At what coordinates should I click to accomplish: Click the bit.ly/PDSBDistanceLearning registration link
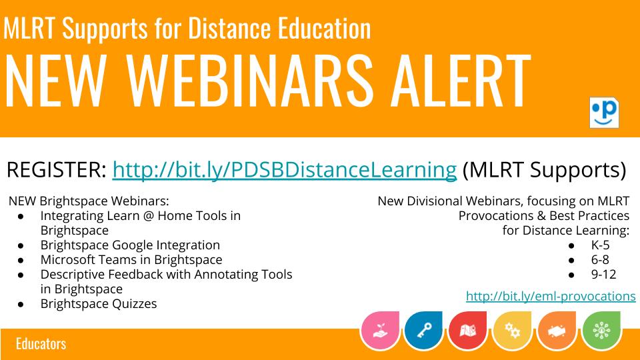tap(284, 171)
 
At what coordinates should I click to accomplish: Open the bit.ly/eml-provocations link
tap(551, 296)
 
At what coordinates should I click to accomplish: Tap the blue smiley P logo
tap(604, 111)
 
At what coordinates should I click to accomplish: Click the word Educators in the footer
tap(41, 345)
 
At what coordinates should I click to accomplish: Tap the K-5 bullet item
tap(600, 245)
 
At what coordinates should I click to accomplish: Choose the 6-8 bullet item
tap(600, 259)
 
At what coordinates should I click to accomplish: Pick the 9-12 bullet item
tap(603, 274)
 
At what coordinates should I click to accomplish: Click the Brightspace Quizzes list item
tap(99, 304)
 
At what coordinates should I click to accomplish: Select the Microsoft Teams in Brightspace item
tap(131, 259)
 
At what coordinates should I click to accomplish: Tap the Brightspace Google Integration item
tap(130, 245)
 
